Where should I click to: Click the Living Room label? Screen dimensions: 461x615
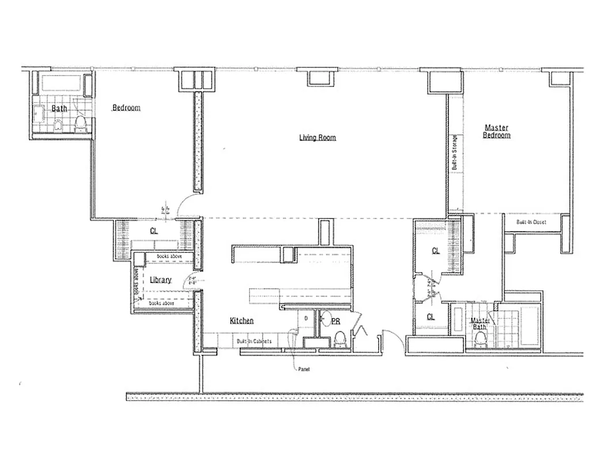click(x=317, y=137)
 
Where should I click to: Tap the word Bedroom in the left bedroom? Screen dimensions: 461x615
click(x=126, y=108)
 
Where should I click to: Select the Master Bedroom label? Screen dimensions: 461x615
click(x=496, y=131)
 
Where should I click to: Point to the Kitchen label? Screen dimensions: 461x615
click(x=242, y=321)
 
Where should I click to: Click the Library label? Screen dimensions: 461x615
click(x=160, y=280)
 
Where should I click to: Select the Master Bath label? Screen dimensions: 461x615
click(x=481, y=324)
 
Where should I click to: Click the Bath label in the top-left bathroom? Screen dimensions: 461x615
click(x=59, y=108)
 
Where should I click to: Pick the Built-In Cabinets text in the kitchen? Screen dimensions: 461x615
click(x=254, y=342)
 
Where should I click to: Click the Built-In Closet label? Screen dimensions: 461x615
click(x=531, y=222)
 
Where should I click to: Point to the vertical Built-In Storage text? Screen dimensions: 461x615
click(x=455, y=153)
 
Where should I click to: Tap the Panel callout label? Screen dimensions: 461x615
click(x=304, y=369)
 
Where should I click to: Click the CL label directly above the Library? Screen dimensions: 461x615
click(x=154, y=231)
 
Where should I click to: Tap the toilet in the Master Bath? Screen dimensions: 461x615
click(x=480, y=339)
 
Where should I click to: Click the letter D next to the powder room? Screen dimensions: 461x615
click(x=305, y=318)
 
